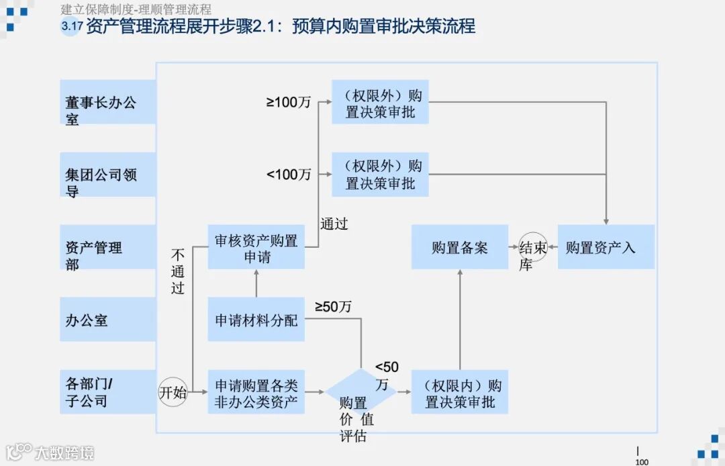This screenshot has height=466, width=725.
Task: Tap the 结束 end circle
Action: click(534, 247)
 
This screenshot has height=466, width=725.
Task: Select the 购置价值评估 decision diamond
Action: click(361, 391)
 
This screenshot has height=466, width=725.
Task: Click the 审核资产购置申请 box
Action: click(256, 247)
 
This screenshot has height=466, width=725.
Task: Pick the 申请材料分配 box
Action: click(256, 320)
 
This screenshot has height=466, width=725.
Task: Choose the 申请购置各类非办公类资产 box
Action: click(256, 392)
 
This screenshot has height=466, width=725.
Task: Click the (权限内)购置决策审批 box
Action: click(460, 392)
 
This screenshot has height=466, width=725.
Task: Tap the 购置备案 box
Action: click(460, 247)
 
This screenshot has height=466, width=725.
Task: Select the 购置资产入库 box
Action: click(606, 247)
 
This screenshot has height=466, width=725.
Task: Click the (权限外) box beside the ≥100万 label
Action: click(380, 102)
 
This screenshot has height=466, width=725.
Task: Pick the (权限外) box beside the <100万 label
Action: click(380, 175)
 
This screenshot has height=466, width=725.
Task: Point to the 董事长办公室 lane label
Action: click(107, 103)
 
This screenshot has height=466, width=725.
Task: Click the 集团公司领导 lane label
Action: click(107, 175)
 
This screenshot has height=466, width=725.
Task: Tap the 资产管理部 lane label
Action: click(107, 248)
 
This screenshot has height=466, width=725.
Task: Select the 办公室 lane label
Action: click(107, 320)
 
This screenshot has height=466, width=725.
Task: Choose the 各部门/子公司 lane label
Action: click(107, 393)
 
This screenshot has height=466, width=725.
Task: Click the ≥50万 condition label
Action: click(333, 307)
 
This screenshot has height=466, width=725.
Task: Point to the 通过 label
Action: click(334, 224)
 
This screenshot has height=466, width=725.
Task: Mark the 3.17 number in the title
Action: click(70, 27)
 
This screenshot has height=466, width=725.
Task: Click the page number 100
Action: click(642, 461)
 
